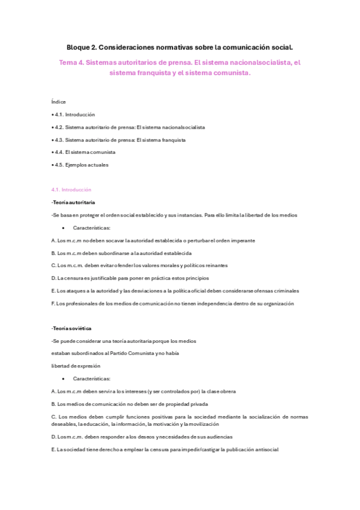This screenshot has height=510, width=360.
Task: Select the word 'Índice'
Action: (x=59, y=102)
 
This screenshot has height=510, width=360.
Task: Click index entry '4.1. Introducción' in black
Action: (x=75, y=114)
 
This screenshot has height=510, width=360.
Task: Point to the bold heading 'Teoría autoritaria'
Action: (x=74, y=202)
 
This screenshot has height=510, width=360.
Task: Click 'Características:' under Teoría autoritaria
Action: (x=91, y=228)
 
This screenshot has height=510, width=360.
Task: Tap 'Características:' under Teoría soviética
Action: (x=91, y=379)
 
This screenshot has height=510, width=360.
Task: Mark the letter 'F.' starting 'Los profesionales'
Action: (x=54, y=304)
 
